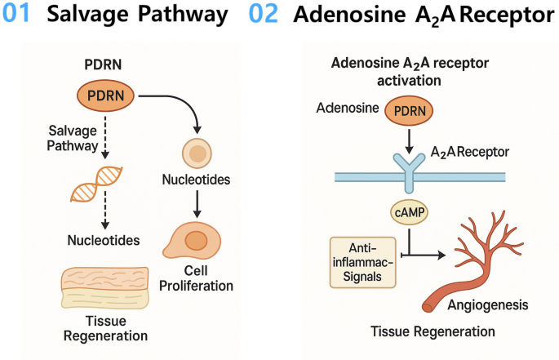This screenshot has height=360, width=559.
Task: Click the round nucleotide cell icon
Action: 196,153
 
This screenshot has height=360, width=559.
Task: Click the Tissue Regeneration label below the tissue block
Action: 104,328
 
